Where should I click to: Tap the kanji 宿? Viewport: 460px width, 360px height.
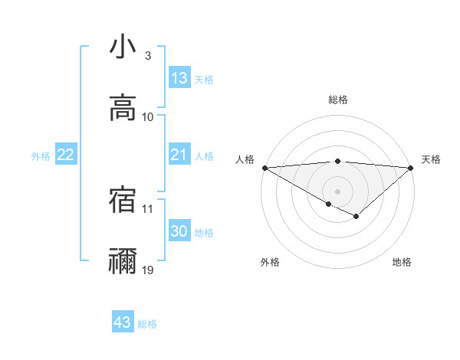(123, 199)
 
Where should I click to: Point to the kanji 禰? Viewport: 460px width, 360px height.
(123, 260)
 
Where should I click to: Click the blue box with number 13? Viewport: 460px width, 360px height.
(179, 78)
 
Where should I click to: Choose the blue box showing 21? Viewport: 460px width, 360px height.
(179, 155)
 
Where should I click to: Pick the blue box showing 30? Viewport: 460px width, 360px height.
(179, 231)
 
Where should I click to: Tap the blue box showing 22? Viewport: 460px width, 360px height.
(66, 155)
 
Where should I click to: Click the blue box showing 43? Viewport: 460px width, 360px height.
(122, 322)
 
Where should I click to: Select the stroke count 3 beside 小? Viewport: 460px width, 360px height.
(147, 56)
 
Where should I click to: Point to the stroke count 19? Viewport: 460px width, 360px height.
(148, 270)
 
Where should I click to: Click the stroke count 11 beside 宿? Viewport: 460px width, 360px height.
(148, 208)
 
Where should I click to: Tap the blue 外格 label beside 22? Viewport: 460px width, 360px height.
(41, 156)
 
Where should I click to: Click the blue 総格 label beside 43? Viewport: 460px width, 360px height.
(147, 324)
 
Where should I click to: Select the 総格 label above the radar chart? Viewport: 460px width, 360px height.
(337, 100)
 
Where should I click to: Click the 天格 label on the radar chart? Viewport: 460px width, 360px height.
(431, 159)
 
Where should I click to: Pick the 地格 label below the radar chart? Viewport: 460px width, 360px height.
(402, 262)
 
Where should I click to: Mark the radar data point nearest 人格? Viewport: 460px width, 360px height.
(264, 168)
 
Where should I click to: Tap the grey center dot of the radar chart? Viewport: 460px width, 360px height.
(337, 191)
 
